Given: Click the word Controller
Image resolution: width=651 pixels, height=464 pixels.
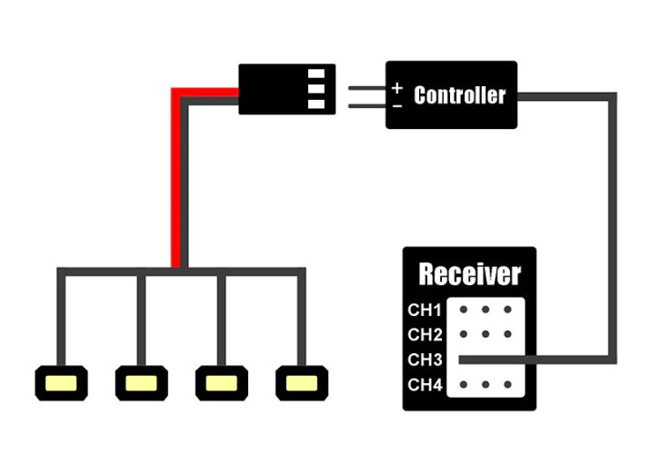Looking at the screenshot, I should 459,94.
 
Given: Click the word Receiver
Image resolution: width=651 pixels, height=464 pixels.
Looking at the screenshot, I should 469,273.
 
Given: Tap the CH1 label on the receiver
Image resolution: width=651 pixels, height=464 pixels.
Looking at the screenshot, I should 425,310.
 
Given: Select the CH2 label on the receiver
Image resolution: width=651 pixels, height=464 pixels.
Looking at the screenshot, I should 425,335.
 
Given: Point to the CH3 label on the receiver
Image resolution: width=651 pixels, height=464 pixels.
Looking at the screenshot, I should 425,360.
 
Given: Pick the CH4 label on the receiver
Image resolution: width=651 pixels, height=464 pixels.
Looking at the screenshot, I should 425,385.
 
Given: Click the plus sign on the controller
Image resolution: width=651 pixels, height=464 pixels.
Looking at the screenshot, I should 397,88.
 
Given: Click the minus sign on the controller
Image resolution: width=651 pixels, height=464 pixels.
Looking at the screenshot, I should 397,105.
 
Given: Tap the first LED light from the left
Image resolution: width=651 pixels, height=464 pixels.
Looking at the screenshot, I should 60,382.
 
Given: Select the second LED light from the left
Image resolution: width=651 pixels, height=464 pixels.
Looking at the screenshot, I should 141,382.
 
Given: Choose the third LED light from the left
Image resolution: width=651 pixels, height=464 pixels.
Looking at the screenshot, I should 221,382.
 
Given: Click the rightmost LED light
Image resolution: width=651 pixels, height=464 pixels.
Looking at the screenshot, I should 301,382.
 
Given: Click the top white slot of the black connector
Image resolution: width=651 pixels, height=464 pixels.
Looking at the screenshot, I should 316,74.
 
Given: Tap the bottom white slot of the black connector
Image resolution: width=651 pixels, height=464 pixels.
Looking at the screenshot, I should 316,104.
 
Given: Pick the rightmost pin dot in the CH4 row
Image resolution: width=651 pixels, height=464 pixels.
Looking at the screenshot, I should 506,385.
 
